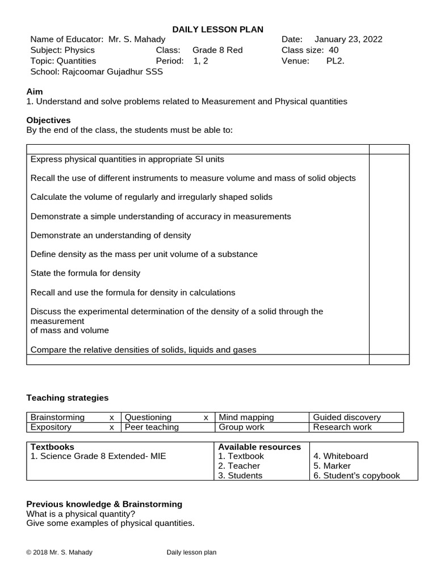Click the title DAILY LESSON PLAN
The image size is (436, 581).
coord(218,30)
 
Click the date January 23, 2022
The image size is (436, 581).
coord(348,39)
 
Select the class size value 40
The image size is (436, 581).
coord(334,50)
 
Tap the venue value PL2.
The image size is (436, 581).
coord(335,61)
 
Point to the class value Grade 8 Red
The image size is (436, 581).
coord(217,50)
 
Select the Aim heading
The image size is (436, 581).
coord(35,91)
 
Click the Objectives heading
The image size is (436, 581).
coord(49,120)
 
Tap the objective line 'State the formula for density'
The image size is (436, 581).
coord(85,273)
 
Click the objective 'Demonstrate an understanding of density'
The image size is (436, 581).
coord(111,235)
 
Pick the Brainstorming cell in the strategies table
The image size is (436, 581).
coord(57,417)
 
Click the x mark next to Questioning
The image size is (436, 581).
coord(206,417)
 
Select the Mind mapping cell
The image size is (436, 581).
coord(246,417)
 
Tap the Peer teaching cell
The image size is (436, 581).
coord(152,427)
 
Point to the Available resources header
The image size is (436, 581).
coord(259,447)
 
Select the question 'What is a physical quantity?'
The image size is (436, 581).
coord(81,514)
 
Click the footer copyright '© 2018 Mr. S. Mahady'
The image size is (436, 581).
coord(59,552)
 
